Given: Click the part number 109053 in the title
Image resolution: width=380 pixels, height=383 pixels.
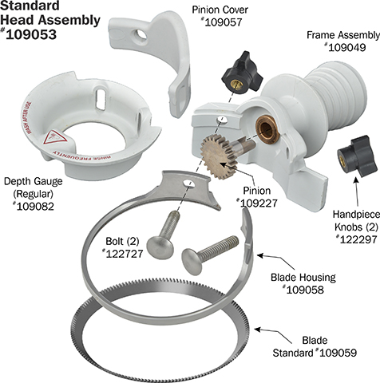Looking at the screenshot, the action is [31, 34].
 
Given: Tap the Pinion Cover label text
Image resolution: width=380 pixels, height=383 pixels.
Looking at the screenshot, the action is [220, 10].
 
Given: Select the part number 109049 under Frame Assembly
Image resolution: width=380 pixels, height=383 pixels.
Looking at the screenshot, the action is [347, 48].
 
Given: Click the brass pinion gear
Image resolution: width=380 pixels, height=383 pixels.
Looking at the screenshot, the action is [216, 156].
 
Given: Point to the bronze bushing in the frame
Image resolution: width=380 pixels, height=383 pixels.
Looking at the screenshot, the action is [267, 129].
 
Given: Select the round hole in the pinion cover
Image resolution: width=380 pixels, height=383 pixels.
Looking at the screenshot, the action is [141, 35].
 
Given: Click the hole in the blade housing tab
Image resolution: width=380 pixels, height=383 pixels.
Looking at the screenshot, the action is [188, 184].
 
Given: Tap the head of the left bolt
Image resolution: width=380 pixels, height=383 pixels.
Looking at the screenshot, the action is [160, 247].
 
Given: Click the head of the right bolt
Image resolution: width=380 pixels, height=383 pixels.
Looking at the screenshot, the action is [192, 261].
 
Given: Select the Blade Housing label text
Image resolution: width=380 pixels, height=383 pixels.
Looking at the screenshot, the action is [303, 277].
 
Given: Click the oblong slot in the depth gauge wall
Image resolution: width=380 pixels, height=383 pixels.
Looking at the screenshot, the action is [101, 99].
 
